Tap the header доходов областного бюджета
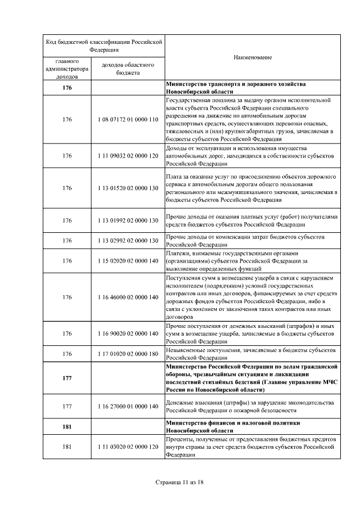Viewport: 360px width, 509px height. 127,69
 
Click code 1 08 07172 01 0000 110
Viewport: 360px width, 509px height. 127,119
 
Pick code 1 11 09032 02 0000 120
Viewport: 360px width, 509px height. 127,156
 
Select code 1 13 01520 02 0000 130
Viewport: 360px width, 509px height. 127,188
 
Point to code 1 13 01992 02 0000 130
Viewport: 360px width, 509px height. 127,220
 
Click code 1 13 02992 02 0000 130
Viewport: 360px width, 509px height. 127,241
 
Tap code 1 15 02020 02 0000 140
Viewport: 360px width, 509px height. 127,261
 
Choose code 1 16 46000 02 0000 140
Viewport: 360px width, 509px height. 127,297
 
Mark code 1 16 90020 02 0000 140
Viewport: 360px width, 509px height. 127,334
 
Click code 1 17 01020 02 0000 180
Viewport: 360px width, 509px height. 127,354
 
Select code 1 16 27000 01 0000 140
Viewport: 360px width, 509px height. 127,406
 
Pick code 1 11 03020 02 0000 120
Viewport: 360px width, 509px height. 127,447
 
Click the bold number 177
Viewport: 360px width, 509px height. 67,379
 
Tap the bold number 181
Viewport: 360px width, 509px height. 67,426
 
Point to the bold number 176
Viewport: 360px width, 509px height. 67,88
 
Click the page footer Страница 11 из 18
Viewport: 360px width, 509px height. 179,483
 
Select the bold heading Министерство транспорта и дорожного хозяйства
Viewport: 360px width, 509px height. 236,84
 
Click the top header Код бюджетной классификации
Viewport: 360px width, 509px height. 103,45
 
